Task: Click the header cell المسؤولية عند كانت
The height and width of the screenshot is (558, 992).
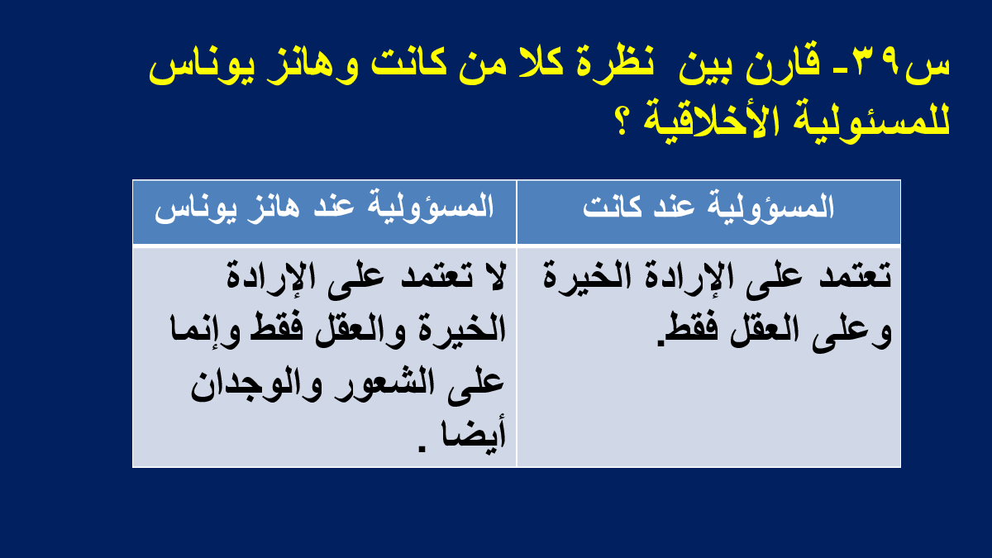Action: pyautogui.click(x=708, y=212)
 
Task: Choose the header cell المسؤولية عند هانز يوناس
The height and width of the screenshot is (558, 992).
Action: pyautogui.click(x=324, y=212)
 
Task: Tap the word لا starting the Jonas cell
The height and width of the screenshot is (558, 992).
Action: pyautogui.click(x=493, y=277)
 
